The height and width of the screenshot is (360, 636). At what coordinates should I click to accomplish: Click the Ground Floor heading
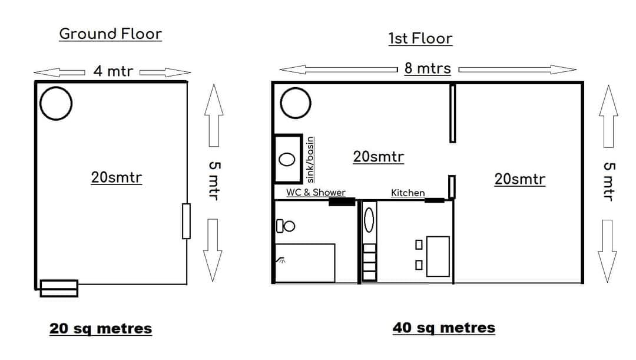coord(110,34)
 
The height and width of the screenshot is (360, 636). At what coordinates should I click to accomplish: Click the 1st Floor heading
coord(420,38)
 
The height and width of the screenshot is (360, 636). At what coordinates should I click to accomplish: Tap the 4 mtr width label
coord(112,71)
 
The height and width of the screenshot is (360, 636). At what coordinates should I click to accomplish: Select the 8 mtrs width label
coord(428,68)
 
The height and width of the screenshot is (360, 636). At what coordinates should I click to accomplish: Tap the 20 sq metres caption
coord(101,328)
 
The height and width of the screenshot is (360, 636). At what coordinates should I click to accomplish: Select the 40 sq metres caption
coord(444,328)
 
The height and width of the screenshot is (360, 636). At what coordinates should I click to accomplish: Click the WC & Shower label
coord(316,193)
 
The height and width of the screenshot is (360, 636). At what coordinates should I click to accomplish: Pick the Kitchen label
coord(408,193)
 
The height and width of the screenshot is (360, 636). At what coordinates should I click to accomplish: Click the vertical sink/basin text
coord(310,160)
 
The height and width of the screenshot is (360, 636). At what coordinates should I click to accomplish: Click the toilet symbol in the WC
coord(286,226)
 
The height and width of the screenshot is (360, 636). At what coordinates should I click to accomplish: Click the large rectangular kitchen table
coord(438,256)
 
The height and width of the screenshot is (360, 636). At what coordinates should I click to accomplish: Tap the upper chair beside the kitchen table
coord(419,245)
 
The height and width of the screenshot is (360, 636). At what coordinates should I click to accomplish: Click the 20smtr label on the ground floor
coord(117,177)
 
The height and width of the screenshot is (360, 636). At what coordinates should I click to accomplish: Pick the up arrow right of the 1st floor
coord(608,116)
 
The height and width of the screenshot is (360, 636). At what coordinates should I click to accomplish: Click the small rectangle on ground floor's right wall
coord(186,221)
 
